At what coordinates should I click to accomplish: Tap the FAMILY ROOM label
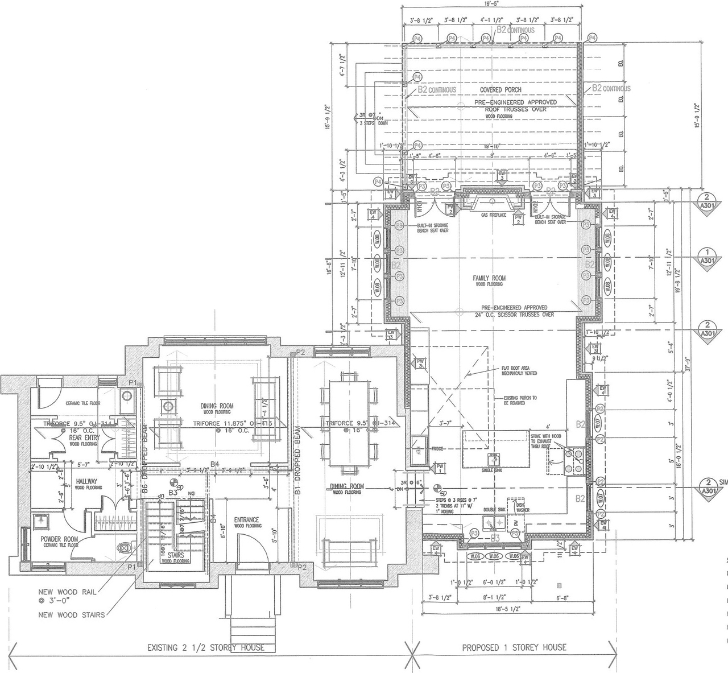489,278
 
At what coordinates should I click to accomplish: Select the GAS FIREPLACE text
493,216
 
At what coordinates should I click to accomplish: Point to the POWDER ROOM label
59,539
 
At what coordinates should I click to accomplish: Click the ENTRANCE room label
247,519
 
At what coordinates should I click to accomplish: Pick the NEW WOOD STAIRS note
71,614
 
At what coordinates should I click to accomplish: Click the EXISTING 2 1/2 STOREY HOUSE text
205,647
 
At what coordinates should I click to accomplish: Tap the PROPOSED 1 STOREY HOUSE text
514,647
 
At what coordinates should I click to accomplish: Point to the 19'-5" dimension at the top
491,3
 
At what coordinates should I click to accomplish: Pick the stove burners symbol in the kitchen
571,460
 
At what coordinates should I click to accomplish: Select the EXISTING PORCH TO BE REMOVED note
520,401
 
